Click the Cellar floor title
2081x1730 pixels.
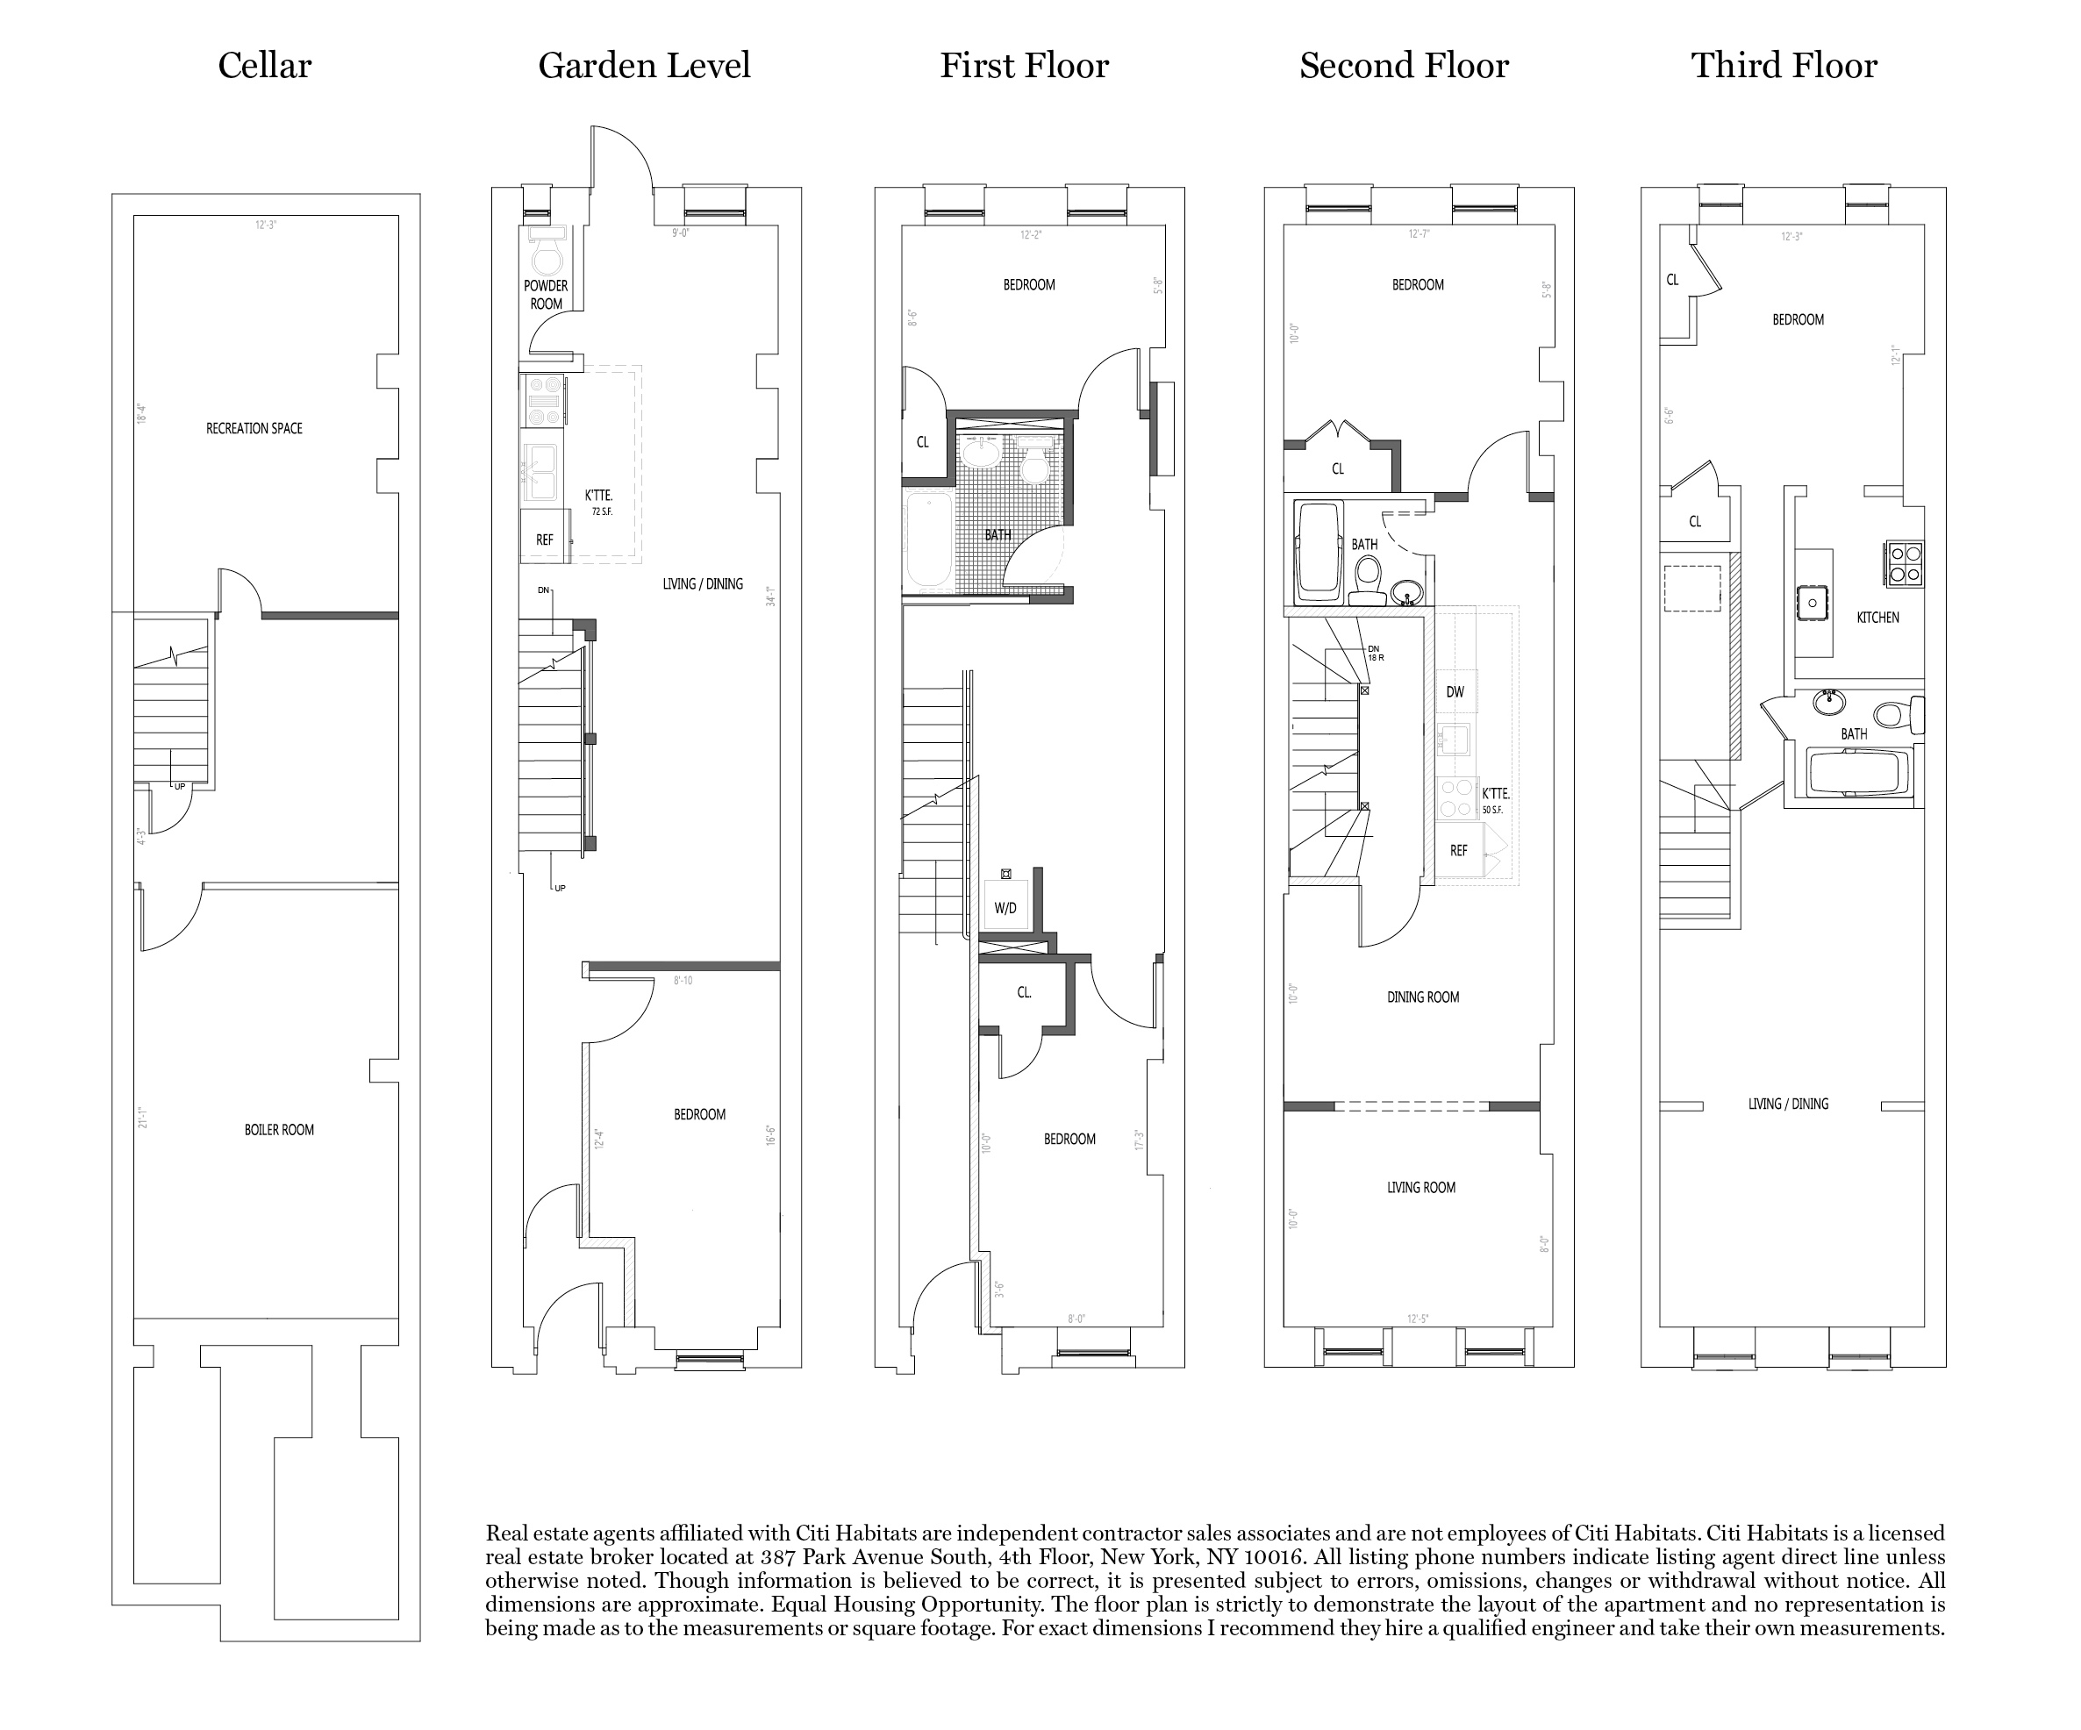(x=265, y=67)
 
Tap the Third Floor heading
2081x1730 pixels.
(x=1784, y=67)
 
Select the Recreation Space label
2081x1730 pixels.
(x=254, y=429)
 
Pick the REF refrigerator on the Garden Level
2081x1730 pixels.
(x=545, y=540)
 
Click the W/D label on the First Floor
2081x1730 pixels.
(x=1005, y=909)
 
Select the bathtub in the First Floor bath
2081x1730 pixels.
(x=928, y=541)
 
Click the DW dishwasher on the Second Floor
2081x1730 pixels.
(x=1455, y=692)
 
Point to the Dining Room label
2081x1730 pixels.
(x=1423, y=997)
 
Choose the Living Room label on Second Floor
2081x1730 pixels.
(x=1421, y=1188)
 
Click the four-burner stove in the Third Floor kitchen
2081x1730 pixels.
(x=1904, y=564)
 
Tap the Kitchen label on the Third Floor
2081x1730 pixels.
(x=1877, y=618)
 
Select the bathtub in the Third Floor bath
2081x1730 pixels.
(x=1858, y=773)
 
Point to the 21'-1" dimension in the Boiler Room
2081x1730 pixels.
(x=142, y=1117)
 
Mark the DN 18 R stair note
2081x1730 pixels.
(x=1376, y=653)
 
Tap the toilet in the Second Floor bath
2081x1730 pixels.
(x=1369, y=579)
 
